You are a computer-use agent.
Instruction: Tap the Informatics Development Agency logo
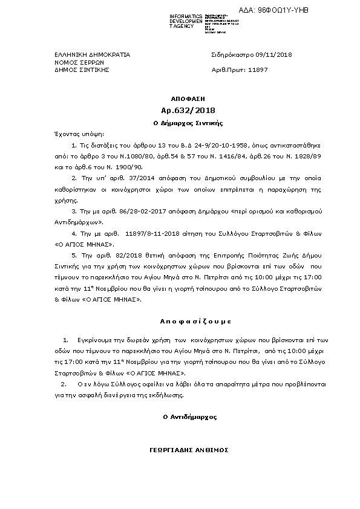[x=206, y=21]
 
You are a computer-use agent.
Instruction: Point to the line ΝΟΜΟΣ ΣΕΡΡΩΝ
[x=71, y=62]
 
